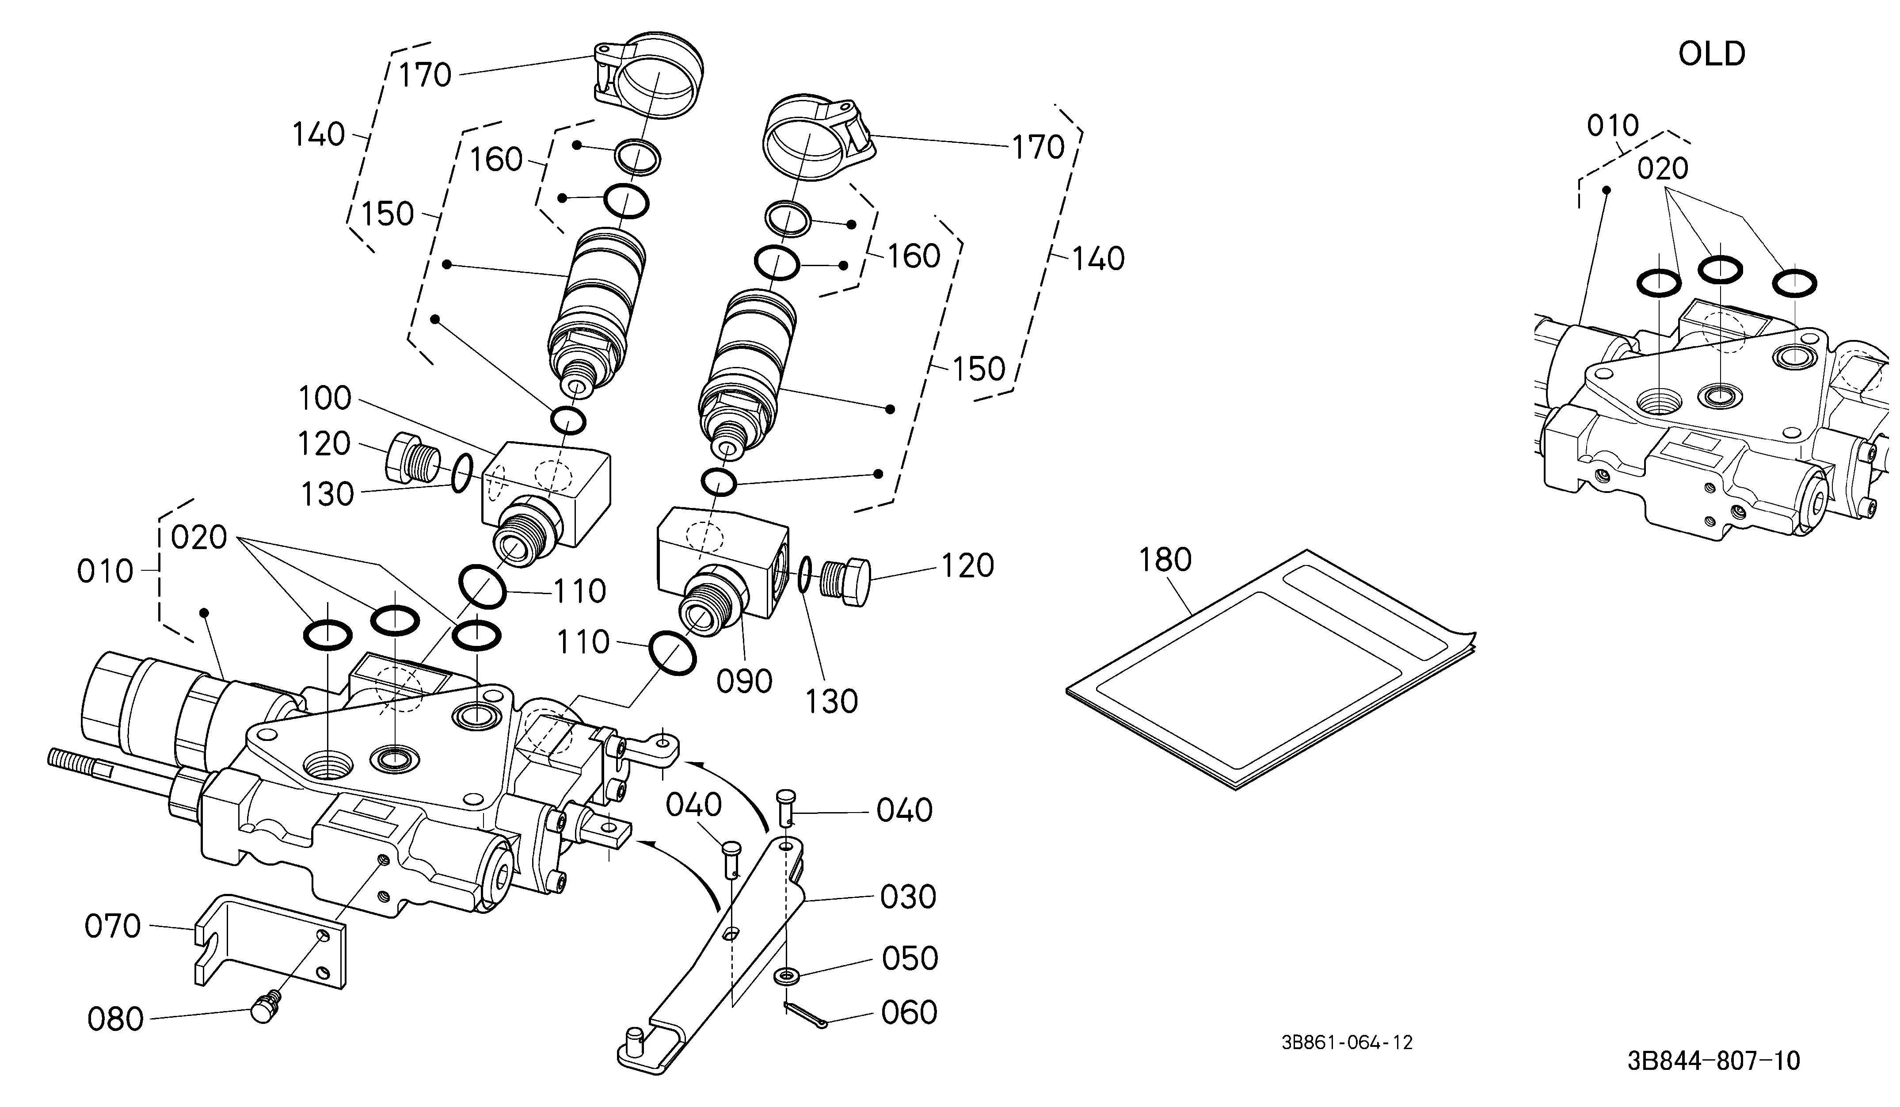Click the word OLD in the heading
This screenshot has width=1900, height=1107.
click(1712, 54)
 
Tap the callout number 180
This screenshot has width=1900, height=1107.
click(1165, 560)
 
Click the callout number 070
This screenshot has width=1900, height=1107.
click(113, 926)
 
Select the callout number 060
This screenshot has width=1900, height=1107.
click(909, 1013)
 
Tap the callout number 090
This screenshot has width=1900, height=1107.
click(744, 682)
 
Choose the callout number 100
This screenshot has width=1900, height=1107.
click(325, 398)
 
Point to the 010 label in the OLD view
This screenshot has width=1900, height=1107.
click(1613, 126)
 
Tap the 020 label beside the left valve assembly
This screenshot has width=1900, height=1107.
click(199, 538)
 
